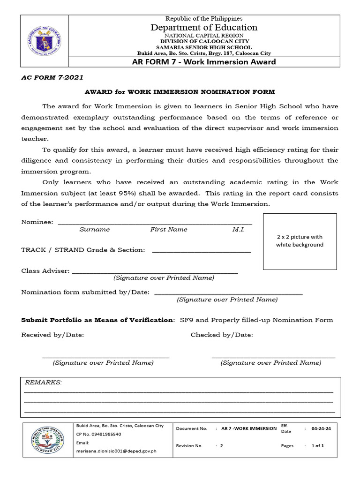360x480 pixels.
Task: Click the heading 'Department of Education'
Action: click(204, 28)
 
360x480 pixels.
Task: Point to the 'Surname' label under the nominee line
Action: click(94, 230)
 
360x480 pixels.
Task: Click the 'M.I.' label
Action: click(238, 230)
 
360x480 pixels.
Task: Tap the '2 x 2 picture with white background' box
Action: click(300, 241)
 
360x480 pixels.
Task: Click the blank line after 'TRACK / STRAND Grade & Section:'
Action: click(202, 252)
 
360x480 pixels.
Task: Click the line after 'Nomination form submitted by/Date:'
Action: click(228, 293)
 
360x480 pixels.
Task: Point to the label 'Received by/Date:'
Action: click(52, 335)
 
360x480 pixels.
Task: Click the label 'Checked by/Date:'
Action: click(222, 335)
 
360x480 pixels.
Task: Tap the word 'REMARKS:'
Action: click(43, 382)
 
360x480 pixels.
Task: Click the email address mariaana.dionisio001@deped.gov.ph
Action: click(116, 451)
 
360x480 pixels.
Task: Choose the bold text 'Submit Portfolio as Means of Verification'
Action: click(97, 320)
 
